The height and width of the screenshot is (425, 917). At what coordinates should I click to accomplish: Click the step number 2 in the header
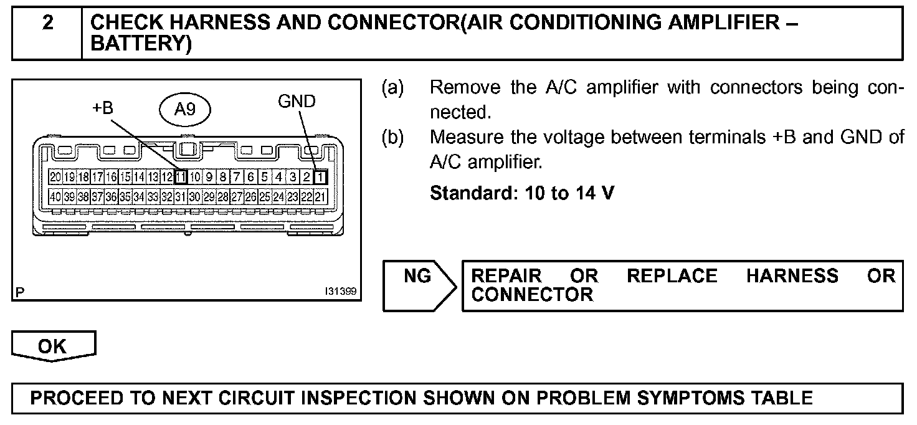click(x=48, y=23)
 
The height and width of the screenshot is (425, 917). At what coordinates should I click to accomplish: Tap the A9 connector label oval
click(x=185, y=110)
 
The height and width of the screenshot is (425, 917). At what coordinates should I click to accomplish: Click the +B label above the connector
click(x=103, y=108)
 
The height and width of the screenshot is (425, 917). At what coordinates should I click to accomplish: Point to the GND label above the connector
click(x=297, y=101)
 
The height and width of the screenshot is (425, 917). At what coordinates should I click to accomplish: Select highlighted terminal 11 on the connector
click(x=181, y=176)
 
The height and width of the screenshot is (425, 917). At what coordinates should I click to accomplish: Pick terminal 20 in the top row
click(x=55, y=176)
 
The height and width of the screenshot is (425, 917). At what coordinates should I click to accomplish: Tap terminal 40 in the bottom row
click(x=55, y=198)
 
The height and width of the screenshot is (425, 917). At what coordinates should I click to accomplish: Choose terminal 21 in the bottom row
click(x=321, y=198)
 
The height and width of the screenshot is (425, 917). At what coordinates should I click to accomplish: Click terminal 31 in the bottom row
click(x=181, y=198)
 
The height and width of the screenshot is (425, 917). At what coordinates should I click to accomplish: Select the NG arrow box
click(x=419, y=285)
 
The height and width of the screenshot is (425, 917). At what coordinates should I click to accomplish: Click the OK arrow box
click(x=53, y=346)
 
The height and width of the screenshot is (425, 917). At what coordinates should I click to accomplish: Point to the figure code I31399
click(x=341, y=291)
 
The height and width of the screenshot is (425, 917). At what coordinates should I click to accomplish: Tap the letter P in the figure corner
click(x=21, y=292)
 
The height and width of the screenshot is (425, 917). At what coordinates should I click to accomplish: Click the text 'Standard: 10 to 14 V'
click(x=522, y=193)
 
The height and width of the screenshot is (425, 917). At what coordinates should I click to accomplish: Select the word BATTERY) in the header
click(x=141, y=44)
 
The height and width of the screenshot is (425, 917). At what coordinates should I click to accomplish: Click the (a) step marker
click(x=392, y=87)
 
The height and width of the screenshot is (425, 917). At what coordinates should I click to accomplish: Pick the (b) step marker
click(x=392, y=137)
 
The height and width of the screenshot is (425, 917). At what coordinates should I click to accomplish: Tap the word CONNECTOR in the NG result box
click(x=531, y=295)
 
